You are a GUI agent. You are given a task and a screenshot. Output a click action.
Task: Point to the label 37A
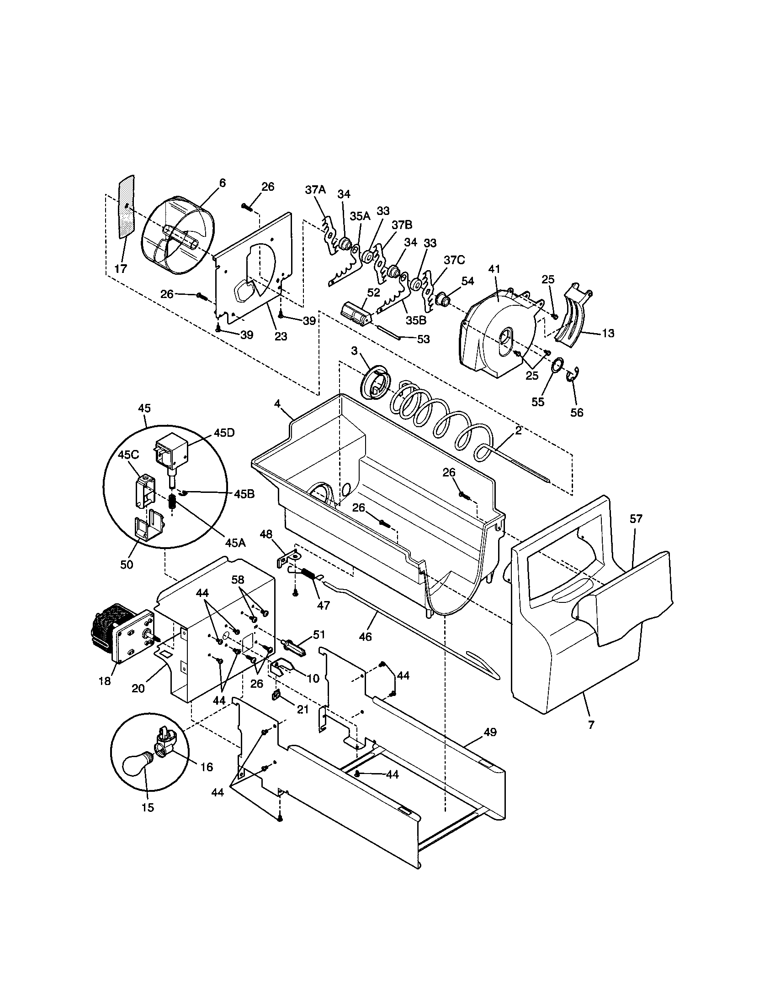coord(315,190)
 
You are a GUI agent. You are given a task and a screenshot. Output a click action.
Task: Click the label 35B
coord(416,320)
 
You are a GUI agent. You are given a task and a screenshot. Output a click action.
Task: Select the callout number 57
coord(636,518)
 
